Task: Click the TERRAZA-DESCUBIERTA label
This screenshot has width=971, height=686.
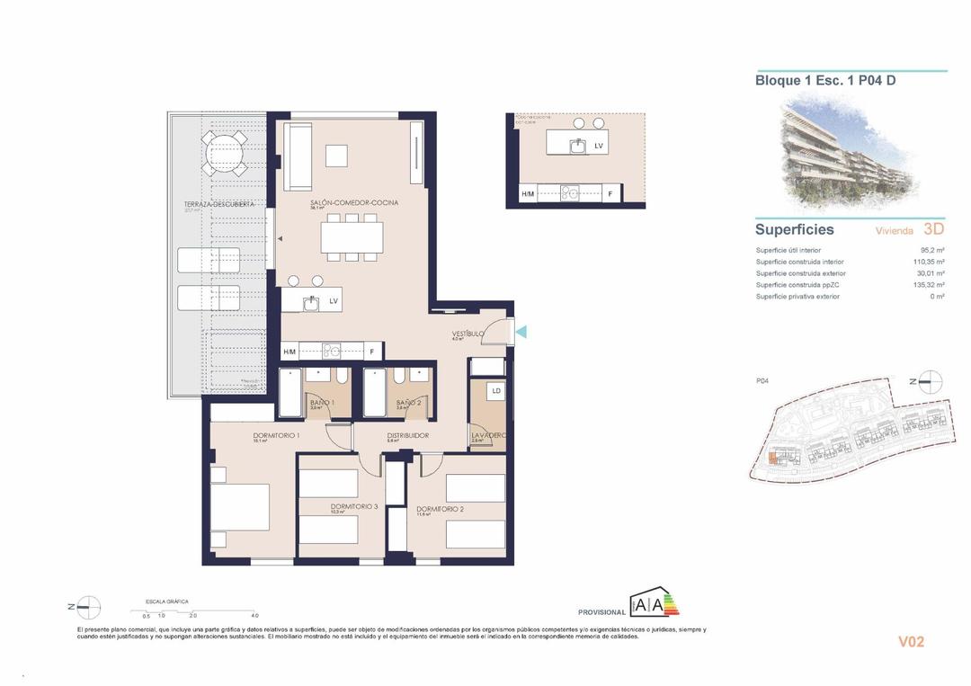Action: click(x=219, y=204)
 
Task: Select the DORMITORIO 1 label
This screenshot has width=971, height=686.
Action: click(x=251, y=435)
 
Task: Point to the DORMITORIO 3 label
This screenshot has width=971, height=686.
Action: click(x=353, y=507)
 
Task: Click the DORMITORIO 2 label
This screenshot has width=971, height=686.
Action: click(x=440, y=510)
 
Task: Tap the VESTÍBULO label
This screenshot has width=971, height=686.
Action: click(x=468, y=334)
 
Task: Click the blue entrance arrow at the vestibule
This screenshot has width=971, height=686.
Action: click(x=521, y=333)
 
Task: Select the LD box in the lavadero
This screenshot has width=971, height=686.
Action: click(x=495, y=391)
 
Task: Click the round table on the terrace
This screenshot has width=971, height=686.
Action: click(x=225, y=154)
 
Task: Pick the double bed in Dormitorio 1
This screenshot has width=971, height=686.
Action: click(x=240, y=507)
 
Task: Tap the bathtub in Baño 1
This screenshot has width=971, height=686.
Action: click(x=291, y=393)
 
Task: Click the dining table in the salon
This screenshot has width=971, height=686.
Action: click(x=352, y=236)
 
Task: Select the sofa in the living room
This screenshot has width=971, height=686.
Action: click(x=298, y=156)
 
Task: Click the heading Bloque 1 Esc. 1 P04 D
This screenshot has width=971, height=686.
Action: click(x=824, y=80)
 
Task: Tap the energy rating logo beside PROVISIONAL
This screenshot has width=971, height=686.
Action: click(x=655, y=605)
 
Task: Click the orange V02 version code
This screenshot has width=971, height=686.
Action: click(x=911, y=642)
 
